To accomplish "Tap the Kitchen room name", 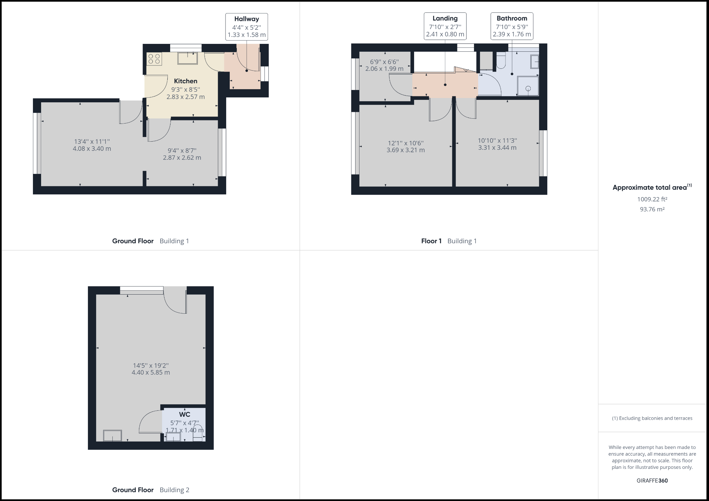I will coord(185,81).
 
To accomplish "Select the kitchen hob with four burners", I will coord(155,59).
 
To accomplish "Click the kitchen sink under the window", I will coord(188,58).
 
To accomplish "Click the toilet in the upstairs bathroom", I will coord(501,61).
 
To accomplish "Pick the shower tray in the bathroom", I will coord(528,86).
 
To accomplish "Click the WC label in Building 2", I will coord(184,414).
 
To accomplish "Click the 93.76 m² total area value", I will coord(652,209).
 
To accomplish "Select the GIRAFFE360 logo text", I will coord(652,480).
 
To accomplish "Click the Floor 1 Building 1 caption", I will coord(449,241).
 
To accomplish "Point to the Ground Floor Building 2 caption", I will coord(151,490).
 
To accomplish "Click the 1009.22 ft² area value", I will coord(652,199).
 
